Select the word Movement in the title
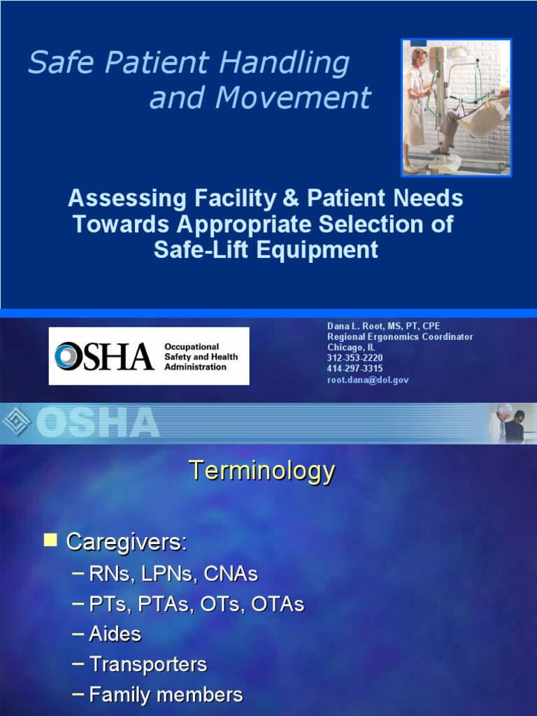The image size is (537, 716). click(294, 99)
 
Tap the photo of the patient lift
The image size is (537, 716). click(456, 106)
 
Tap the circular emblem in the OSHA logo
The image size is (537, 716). click(68, 357)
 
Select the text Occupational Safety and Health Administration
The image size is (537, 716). click(201, 357)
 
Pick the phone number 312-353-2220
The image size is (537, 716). click(355, 358)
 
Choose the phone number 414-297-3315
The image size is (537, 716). click(355, 368)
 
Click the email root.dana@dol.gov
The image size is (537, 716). click(368, 380)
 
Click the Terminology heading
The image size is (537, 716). click(262, 471)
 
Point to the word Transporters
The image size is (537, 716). click(148, 664)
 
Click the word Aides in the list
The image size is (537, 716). click(115, 634)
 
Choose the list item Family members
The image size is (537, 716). click(166, 694)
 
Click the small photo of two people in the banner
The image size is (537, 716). click(511, 422)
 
